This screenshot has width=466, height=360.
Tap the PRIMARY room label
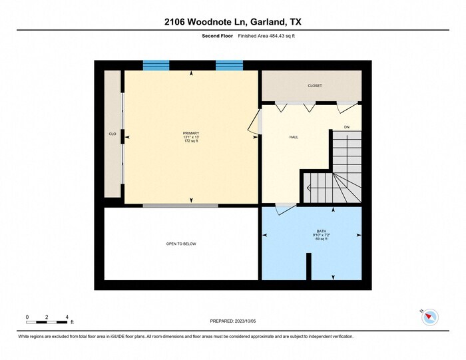tap(191, 133)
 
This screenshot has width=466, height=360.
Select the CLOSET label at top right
tap(315, 86)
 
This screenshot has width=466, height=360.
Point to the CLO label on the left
tap(113, 134)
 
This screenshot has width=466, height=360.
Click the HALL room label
tap(294, 137)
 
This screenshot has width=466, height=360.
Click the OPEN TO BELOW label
tap(181, 244)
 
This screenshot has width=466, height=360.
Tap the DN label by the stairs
tap(347, 126)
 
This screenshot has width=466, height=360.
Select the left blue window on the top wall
tap(156, 65)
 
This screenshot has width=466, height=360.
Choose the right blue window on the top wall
tap(229, 65)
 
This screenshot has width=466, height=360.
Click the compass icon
tap(430, 317)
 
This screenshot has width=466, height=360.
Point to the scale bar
tap(47, 322)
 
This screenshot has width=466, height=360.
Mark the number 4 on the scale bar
tap(67, 316)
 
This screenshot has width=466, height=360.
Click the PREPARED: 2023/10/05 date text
tap(233, 321)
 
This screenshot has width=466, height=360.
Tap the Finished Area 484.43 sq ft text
tap(267, 36)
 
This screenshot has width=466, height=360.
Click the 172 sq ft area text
tap(191, 141)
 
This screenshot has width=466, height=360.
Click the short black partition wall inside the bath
tap(308, 267)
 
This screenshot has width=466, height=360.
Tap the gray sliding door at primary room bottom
tap(180, 206)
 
